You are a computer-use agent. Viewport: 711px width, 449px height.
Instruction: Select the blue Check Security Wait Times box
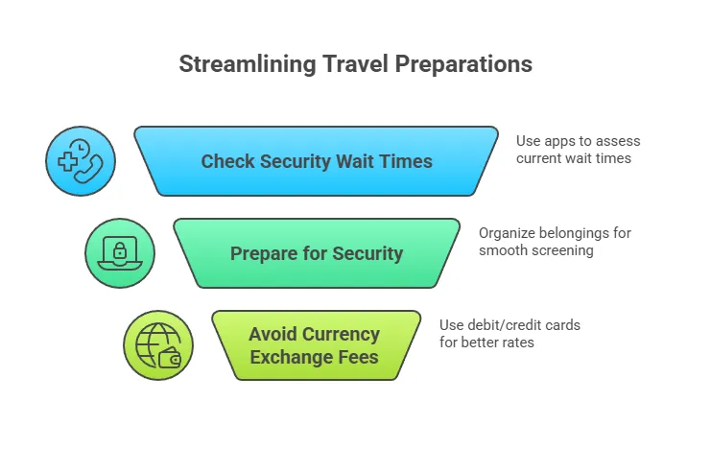(316, 161)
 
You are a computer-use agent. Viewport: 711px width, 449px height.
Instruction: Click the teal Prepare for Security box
(316, 253)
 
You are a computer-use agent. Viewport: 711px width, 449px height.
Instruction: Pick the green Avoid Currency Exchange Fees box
(316, 345)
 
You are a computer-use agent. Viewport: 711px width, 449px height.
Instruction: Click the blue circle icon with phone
(81, 161)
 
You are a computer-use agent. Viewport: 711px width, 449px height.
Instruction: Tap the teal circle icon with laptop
(120, 253)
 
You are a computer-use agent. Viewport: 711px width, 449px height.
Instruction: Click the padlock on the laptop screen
(120, 251)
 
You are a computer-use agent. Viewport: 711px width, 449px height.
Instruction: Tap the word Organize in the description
(510, 233)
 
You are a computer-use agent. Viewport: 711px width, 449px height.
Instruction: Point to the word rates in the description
(515, 343)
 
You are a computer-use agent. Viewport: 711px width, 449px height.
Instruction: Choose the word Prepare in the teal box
(264, 254)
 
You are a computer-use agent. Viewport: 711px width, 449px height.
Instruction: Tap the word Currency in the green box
(340, 335)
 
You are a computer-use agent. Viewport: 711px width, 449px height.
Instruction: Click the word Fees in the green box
(359, 358)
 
